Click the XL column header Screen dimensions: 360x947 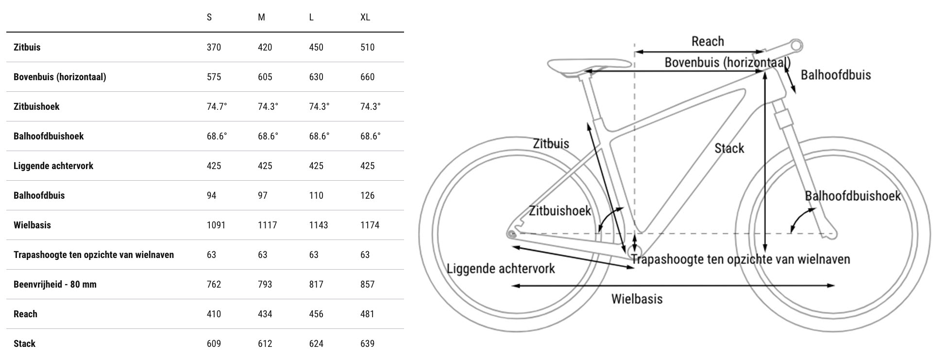coord(365,17)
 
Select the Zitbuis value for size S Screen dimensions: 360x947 coord(214,47)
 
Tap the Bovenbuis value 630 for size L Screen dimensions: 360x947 coord(316,77)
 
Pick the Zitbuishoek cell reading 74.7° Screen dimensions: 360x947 coord(217,106)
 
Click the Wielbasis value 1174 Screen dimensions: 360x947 coord(370,225)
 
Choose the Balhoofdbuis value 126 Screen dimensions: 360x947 coord(367,195)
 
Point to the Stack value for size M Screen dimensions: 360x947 coord(265,343)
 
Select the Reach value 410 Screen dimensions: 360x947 coord(214,314)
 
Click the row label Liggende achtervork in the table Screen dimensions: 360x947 coord(53,166)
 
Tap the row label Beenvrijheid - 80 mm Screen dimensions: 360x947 coord(55,284)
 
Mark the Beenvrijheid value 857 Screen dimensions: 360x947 coord(367,284)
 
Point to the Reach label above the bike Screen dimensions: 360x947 coord(708,41)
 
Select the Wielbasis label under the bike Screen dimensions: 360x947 coord(636,298)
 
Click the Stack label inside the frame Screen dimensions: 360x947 coord(729,148)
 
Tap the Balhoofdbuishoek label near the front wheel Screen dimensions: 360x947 coord(852,196)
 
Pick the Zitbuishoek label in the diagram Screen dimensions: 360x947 coord(559,211)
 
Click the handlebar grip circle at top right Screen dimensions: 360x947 coord(796,46)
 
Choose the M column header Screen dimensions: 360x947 coord(261,17)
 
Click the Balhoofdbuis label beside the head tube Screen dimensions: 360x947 coord(835,75)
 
